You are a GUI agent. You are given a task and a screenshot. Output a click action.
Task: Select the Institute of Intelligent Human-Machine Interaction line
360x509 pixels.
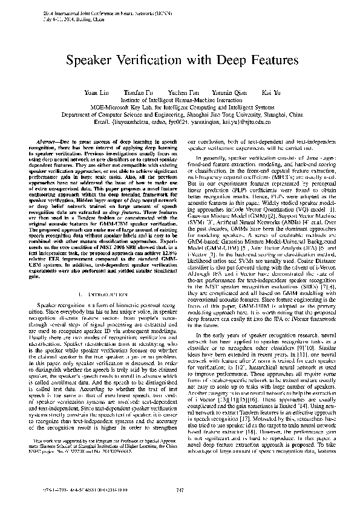180,99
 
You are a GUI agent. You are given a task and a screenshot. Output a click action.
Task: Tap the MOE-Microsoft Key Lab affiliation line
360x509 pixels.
180,106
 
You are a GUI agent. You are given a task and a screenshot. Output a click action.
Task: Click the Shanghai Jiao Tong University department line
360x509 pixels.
180,113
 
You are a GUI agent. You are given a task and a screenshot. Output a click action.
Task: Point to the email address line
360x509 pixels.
180,121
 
